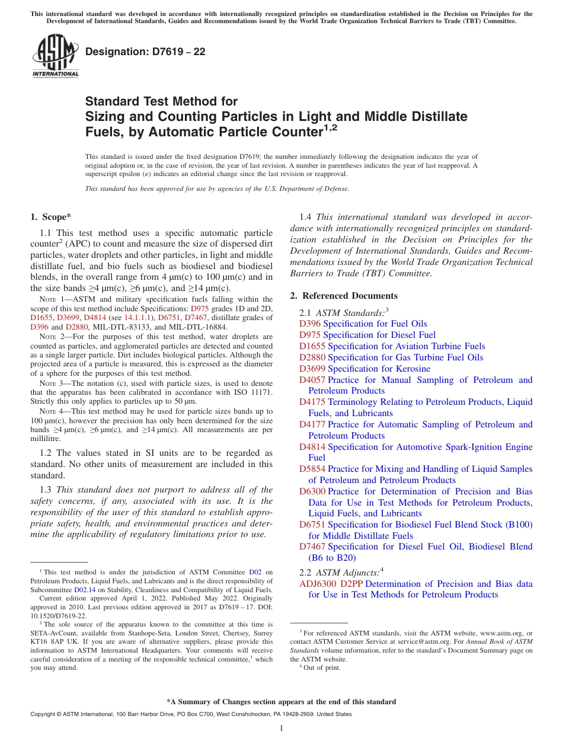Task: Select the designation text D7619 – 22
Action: pyautogui.click(x=145, y=52)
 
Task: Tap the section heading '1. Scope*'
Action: pyautogui.click(x=50, y=218)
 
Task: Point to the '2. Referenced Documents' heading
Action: pyautogui.click(x=344, y=296)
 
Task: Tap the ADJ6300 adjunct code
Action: pyautogui.click(x=318, y=584)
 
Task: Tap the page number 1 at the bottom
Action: pyautogui.click(x=281, y=729)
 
